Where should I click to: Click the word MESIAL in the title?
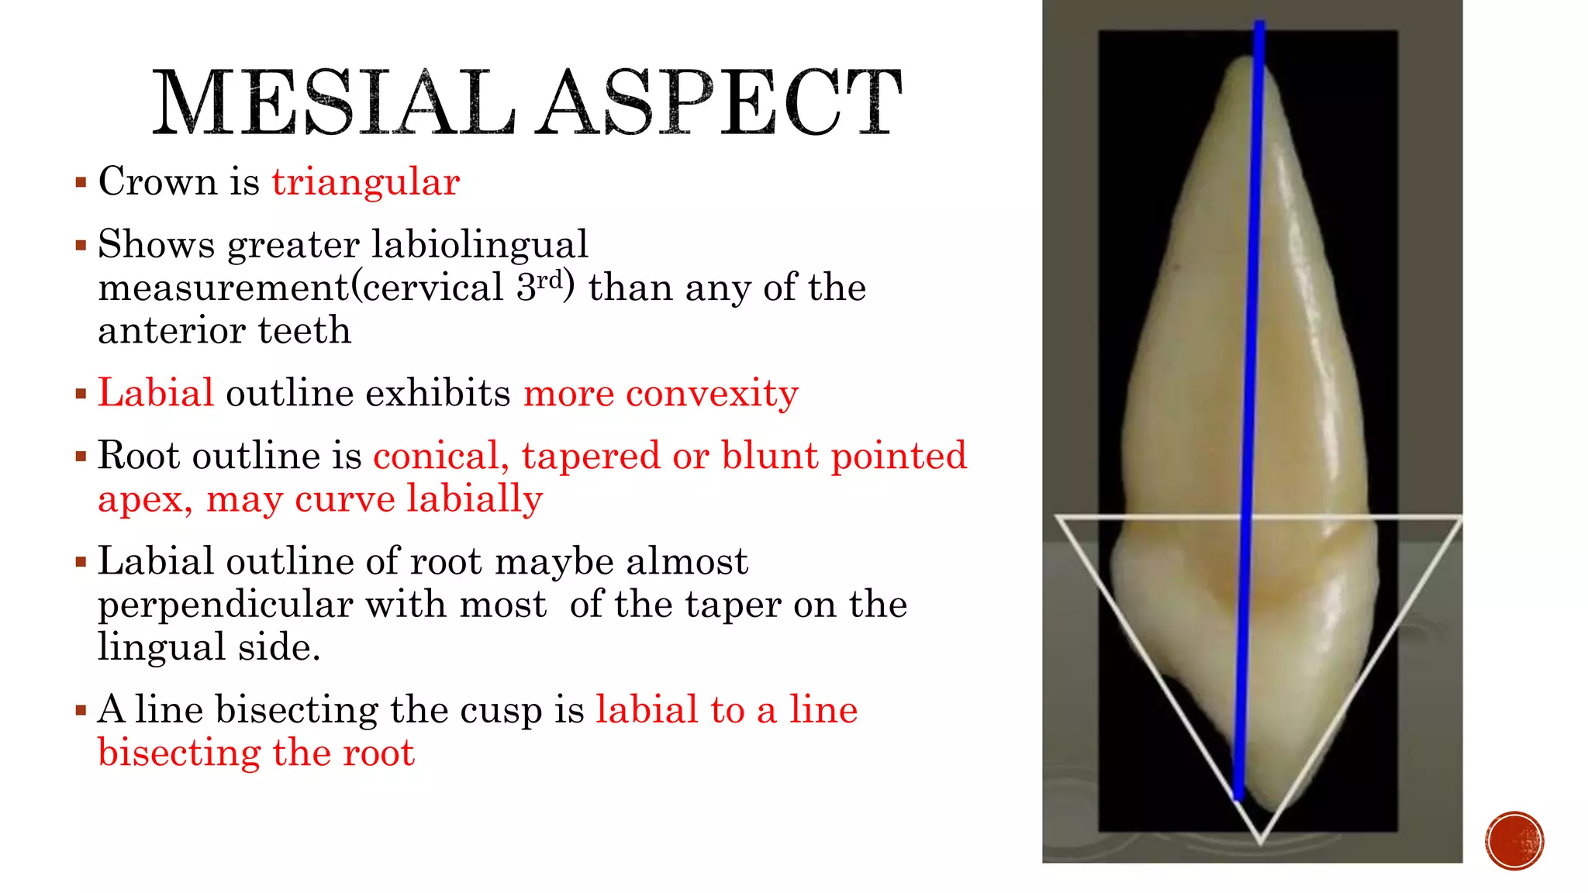point(333,103)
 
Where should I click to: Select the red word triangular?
point(365,183)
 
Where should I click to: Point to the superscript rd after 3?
point(549,279)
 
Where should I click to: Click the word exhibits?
point(438,393)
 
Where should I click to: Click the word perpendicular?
point(226,605)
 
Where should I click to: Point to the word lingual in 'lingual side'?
point(161,647)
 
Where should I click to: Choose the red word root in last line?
point(379,753)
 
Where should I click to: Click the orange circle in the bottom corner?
point(1514,841)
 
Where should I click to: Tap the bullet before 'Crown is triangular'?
point(81,184)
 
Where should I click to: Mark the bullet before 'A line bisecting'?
point(81,710)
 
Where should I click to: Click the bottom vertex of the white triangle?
point(1261,842)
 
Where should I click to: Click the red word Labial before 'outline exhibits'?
point(156,393)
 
